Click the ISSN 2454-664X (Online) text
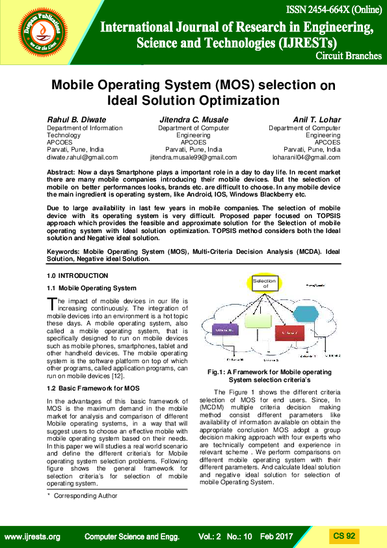pyautogui.click(x=333, y=11)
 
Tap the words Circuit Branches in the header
pyautogui.click(x=348, y=56)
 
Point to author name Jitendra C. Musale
pyautogui.click(x=194, y=120)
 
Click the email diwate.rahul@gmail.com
pyautogui.click(x=83, y=158)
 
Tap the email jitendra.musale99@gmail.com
pyautogui.click(x=194, y=158)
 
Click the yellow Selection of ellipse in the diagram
pyautogui.click(x=265, y=284)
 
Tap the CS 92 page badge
pyautogui.click(x=344, y=536)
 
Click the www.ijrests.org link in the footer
pyautogui.click(x=33, y=537)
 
